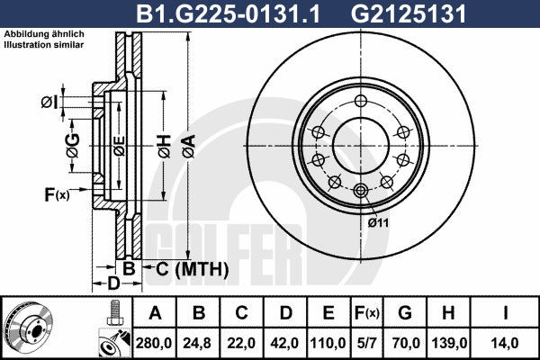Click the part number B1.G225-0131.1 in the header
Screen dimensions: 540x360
(x=229, y=13)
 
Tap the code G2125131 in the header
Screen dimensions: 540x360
(x=408, y=13)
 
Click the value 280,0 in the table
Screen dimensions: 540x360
(x=154, y=343)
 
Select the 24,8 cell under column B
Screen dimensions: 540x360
(x=197, y=343)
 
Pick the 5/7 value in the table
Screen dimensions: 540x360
(x=366, y=343)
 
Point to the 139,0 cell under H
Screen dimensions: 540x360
(x=449, y=343)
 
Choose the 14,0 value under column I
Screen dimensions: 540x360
(x=504, y=343)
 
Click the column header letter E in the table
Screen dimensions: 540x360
(x=328, y=313)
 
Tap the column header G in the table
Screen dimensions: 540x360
(x=405, y=313)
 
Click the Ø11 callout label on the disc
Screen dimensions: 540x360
(x=378, y=223)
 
